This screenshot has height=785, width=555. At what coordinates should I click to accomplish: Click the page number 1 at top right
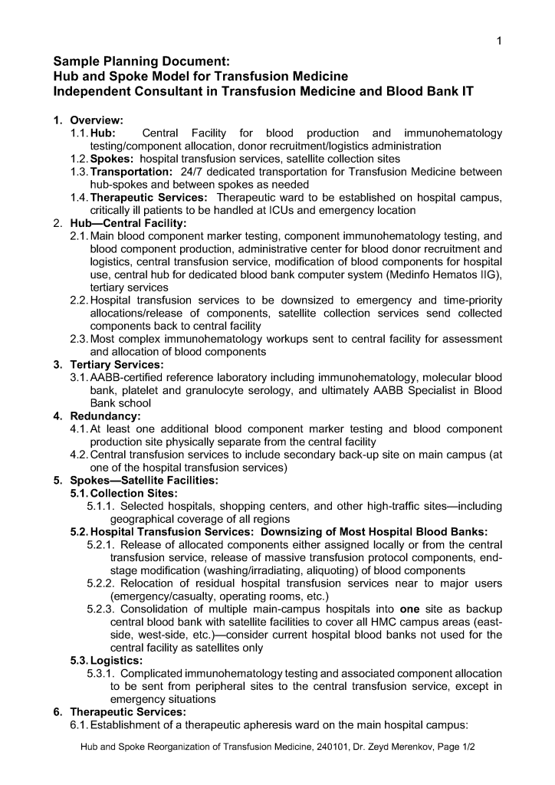coord(499,41)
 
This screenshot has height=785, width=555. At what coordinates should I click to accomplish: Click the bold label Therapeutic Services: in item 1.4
coord(143,198)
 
